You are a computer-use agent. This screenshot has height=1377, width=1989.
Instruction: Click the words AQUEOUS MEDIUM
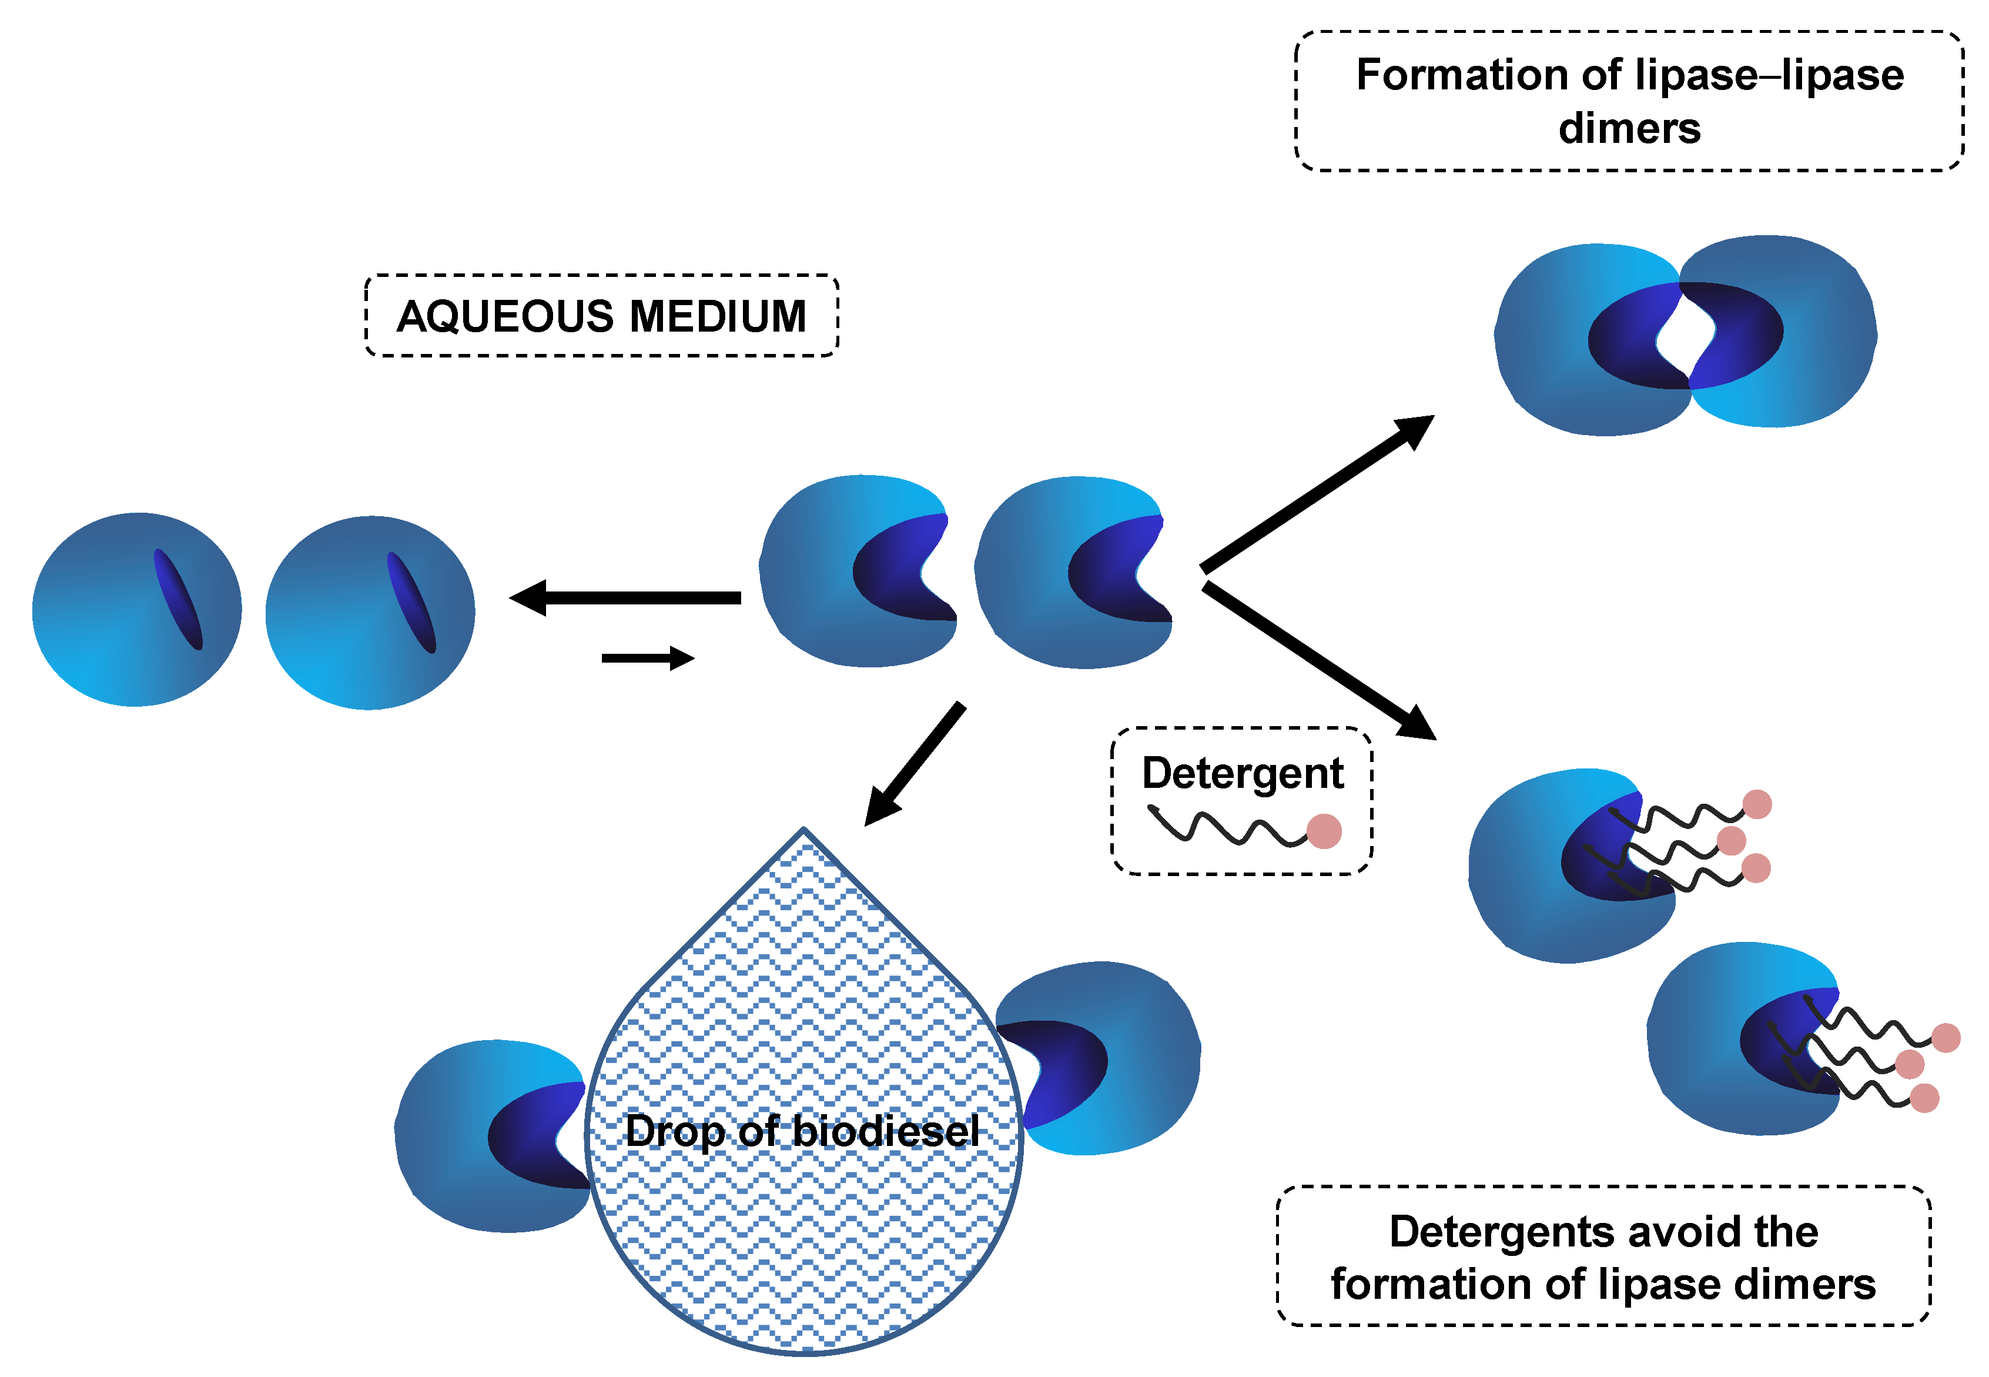(601, 316)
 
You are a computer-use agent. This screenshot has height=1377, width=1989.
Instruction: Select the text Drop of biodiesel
(802, 1132)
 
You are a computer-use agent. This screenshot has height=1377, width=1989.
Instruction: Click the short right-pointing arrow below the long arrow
(648, 659)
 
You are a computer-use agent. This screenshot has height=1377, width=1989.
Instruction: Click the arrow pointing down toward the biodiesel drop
(915, 764)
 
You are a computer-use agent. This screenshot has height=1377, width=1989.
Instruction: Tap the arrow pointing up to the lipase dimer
(1317, 493)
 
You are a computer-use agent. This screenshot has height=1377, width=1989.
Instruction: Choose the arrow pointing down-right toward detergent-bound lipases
(1320, 661)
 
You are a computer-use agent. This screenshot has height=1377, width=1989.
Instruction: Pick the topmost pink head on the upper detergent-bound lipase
(1757, 804)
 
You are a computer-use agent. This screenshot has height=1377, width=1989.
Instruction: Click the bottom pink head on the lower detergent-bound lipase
(1924, 1098)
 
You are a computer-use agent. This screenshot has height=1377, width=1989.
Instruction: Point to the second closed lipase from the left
(370, 613)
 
